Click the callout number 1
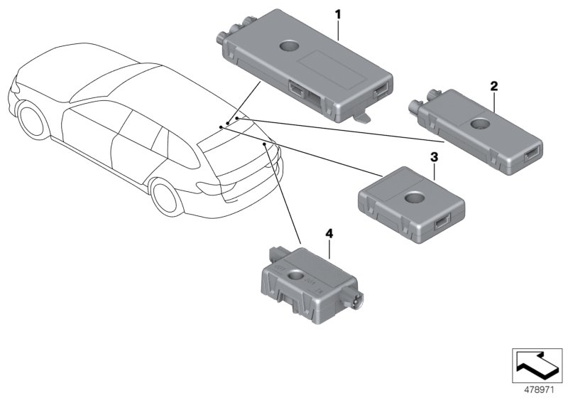338,14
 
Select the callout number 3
434,156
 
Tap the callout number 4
329,233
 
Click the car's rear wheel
164,201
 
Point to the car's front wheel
31,119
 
